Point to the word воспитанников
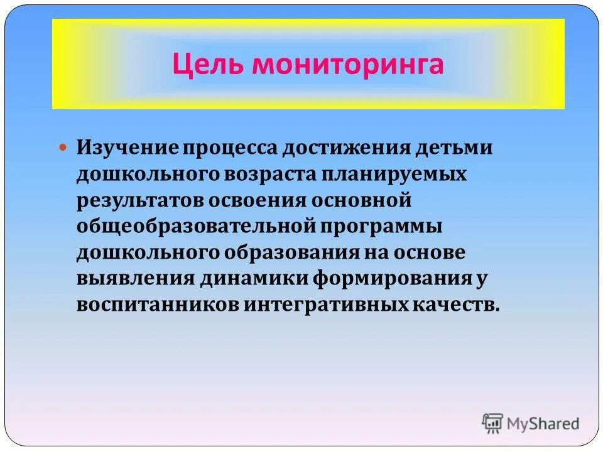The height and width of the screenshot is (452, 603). coord(151,304)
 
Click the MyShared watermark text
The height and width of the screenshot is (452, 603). coord(545,424)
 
